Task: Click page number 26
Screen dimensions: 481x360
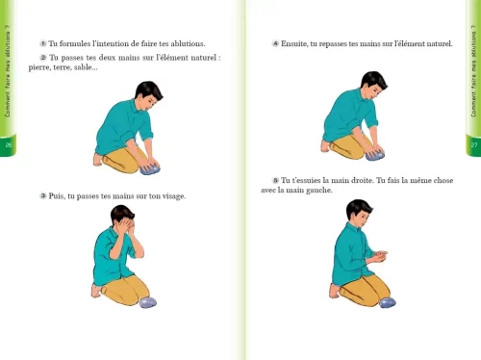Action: tap(9, 144)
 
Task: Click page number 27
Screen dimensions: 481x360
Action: tap(474, 144)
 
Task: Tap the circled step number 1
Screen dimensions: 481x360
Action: tap(43, 43)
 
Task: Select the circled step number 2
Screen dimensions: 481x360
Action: tap(43, 58)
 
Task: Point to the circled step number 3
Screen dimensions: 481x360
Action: tap(43, 195)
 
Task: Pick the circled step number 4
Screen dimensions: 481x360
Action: tap(275, 43)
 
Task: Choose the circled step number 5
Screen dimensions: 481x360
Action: tap(275, 180)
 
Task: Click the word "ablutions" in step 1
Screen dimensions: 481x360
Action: tap(188, 43)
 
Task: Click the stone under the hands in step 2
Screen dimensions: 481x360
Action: tap(150, 168)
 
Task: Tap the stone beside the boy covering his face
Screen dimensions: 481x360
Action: tap(148, 302)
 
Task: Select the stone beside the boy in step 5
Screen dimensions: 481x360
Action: tap(388, 302)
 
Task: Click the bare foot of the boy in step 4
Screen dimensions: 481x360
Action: tap(325, 145)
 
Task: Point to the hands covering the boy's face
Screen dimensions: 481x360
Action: tap(126, 227)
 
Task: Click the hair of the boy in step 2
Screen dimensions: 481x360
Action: tap(148, 90)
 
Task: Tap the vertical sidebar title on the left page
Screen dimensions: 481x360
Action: tap(8, 70)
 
